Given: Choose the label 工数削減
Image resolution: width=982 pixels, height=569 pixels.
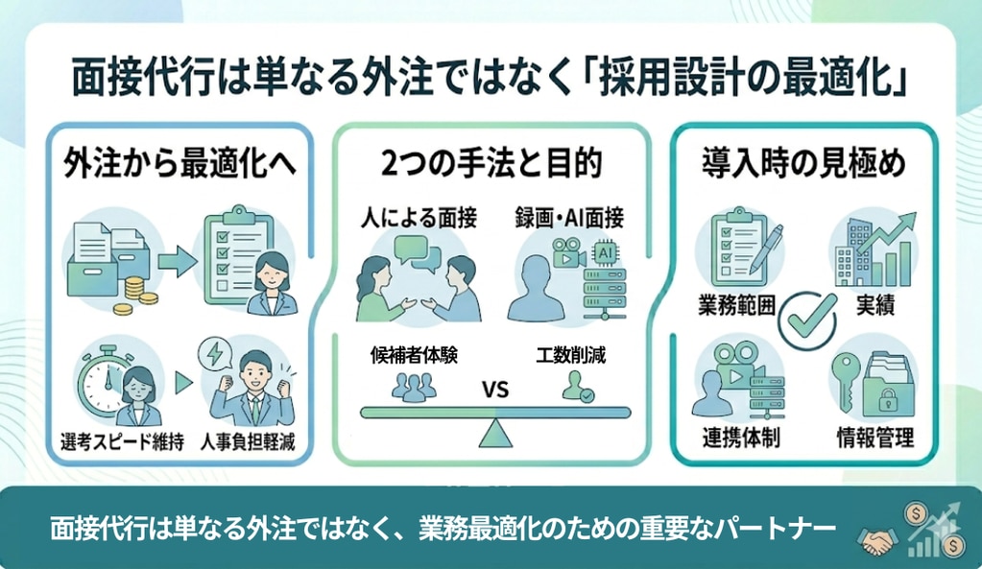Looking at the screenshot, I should click(x=577, y=354).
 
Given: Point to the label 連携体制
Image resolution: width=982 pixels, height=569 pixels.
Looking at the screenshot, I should click(x=737, y=440).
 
